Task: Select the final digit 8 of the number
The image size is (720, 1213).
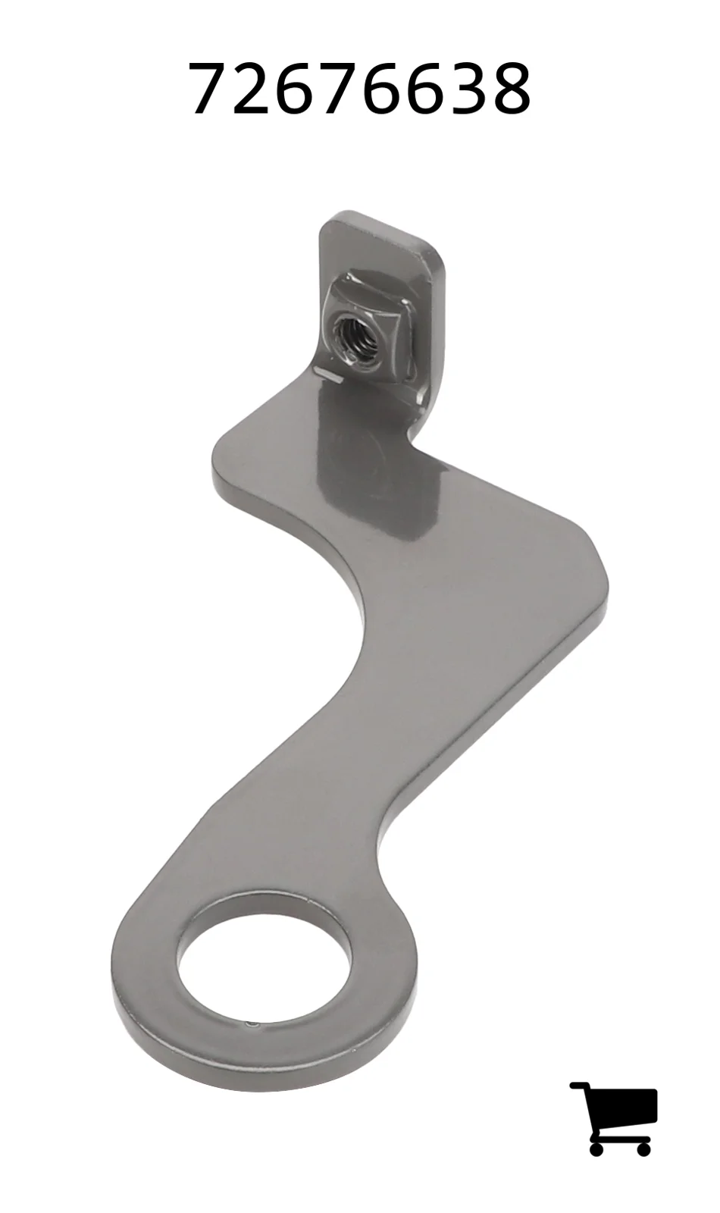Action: (x=510, y=87)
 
